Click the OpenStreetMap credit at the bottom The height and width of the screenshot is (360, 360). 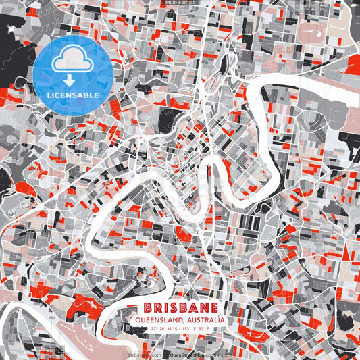[x=188, y=353]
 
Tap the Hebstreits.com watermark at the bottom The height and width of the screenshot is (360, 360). [x=143, y=353]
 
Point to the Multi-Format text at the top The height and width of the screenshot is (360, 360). [x=180, y=3]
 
